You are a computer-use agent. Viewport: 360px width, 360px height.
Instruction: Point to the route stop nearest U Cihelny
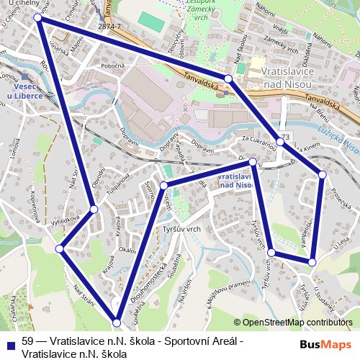38,18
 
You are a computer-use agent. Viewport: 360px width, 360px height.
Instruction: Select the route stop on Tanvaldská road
228,78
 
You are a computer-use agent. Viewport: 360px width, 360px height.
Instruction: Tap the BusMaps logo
321,345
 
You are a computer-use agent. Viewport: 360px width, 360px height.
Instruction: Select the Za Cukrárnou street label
259,139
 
